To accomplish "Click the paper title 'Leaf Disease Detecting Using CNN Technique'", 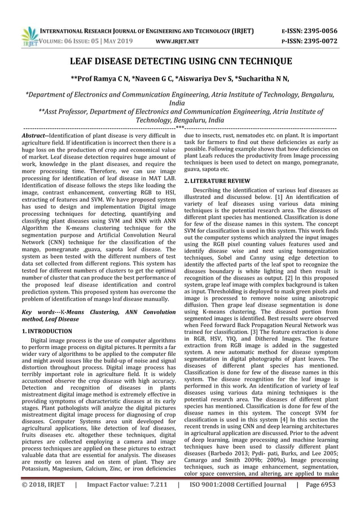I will pos(180,63).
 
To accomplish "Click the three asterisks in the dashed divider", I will pos(179,128).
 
